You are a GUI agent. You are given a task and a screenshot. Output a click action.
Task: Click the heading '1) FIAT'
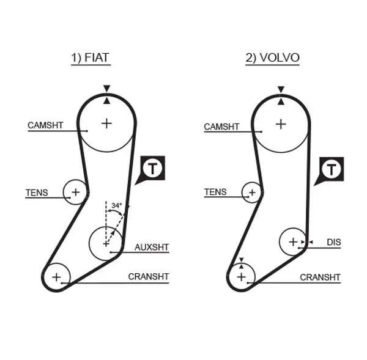coord(90,58)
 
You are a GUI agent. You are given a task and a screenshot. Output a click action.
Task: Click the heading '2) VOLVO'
coord(272,58)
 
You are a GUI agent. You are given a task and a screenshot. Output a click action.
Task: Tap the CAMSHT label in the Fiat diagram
coord(45,125)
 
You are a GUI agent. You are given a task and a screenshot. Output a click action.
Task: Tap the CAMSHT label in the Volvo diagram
coord(221,127)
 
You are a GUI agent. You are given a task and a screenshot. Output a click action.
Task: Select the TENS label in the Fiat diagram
coord(36,193)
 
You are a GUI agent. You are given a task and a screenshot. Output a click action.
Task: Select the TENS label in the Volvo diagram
coord(215,192)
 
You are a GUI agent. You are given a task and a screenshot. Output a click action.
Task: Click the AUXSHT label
coord(151,247)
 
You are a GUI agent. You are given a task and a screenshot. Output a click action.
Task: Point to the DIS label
coord(333,243)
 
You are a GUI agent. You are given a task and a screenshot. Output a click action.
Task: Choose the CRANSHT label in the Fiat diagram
coord(148,276)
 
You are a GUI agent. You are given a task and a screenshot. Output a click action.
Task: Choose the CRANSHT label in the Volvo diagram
coord(320,277)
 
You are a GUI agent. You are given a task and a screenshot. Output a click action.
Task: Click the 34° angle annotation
coord(116,205)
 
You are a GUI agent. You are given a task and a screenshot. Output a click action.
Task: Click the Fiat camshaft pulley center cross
coord(107,123)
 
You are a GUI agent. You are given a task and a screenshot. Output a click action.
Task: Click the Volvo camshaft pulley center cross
coord(280,124)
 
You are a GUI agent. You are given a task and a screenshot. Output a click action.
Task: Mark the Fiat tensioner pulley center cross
coord(75,193)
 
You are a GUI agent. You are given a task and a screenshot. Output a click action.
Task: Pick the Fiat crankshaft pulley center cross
coord(57,277)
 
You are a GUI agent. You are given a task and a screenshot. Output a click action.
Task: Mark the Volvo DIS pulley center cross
coord(293,242)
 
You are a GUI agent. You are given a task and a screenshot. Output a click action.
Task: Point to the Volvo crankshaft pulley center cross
coord(242,277)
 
